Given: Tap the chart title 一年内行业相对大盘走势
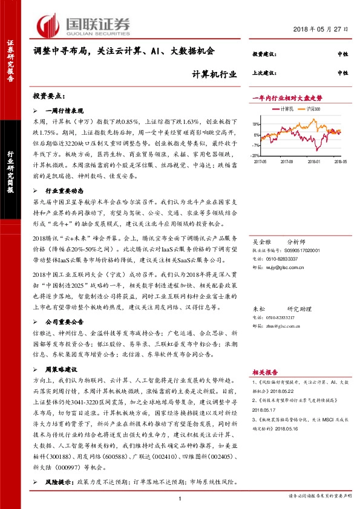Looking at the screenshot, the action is (287, 97).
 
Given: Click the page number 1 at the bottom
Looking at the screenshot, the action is (180, 498).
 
